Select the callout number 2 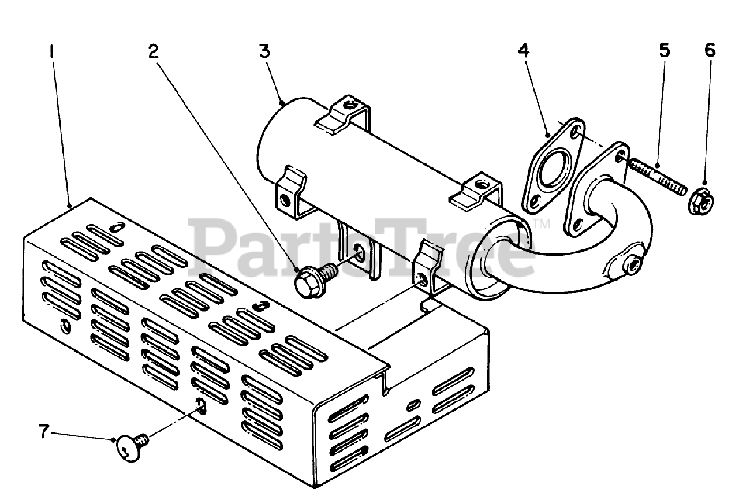(x=152, y=51)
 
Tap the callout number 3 (x=264, y=51)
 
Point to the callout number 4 (x=523, y=51)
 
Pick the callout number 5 (x=664, y=51)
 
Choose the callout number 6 (x=710, y=51)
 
